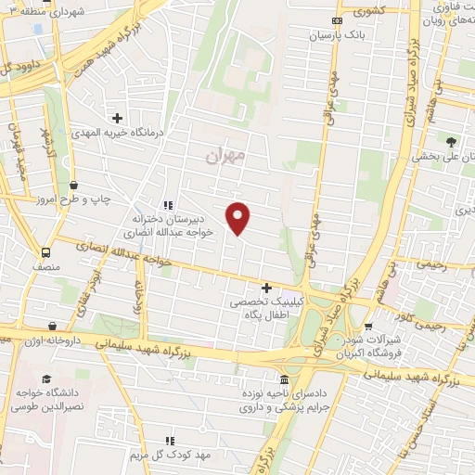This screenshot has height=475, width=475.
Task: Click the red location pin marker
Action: tap(239, 217)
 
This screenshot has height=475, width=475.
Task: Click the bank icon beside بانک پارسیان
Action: tap(337, 20)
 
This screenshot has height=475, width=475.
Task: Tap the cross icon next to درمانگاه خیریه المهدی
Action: tap(117, 118)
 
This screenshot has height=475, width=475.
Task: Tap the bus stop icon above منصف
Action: tap(45, 252)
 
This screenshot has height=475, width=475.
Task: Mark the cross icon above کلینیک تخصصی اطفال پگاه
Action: tap(267, 288)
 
